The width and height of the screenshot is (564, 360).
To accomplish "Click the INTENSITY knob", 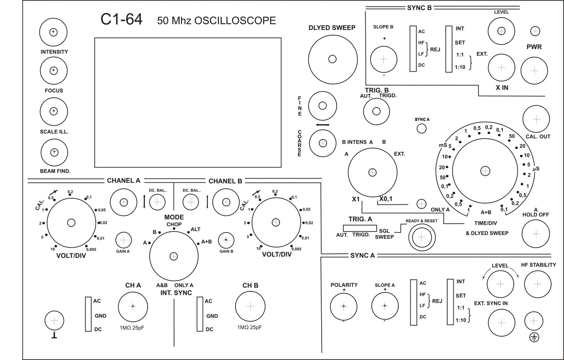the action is pos(53,32).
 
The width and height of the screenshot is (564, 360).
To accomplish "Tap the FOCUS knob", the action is pos(54,71).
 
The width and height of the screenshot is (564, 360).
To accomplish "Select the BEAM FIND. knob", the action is pos(54,152).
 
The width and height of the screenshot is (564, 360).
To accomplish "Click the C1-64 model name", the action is pos(121,19).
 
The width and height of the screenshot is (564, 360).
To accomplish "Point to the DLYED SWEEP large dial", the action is pos(333,59).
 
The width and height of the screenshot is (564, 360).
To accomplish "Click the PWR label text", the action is pos(534,47).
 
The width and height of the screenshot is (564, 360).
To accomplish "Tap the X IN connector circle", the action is pos(501,67).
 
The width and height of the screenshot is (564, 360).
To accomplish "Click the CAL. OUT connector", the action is pos(536,119).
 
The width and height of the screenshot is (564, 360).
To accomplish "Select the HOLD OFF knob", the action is pos(535,234).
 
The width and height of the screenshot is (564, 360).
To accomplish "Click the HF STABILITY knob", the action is pos(538,284).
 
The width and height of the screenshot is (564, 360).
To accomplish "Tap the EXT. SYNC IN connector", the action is pos(501,323).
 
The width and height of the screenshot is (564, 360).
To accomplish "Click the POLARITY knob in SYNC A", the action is pos(343,306).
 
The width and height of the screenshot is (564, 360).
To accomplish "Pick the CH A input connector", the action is pos(133,307).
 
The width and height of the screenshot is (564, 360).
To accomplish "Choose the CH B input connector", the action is pos(250,306).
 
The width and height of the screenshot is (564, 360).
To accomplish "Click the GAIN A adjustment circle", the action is pos(123,240).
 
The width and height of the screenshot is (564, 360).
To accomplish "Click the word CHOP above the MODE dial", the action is pos(174,224).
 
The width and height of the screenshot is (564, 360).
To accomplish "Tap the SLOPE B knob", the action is pos(383,59).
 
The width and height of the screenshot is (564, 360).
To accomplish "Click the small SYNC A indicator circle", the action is pos(422,129).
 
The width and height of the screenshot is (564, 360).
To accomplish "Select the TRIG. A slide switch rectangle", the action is pos(360,228).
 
